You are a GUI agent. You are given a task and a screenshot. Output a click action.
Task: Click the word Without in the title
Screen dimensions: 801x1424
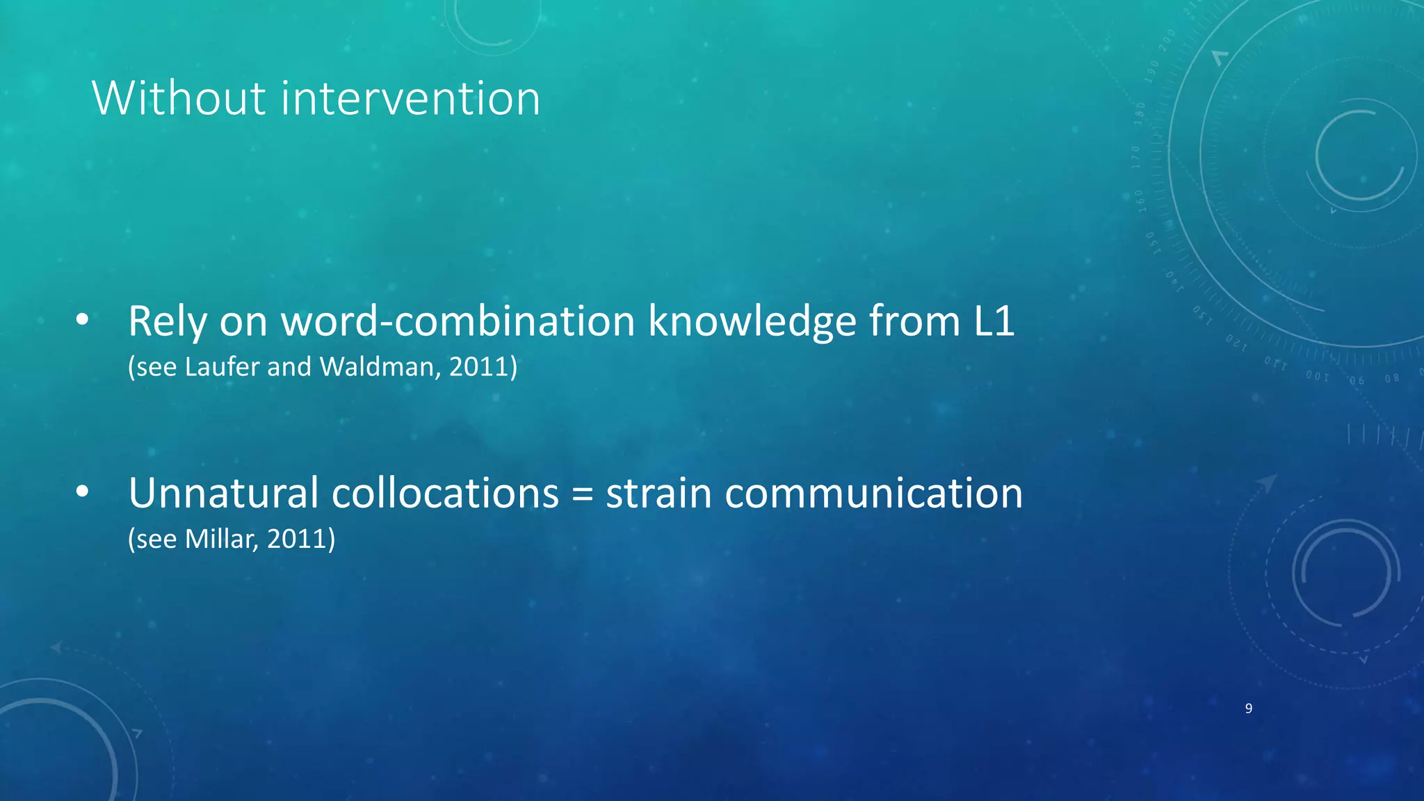coord(179,98)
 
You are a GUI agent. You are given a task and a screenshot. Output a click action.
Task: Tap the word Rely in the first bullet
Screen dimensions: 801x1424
coord(168,323)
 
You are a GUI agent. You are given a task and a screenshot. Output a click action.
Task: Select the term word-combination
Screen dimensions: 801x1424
coord(458,323)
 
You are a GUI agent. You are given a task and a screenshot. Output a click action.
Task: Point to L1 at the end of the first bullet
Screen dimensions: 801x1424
coord(994,323)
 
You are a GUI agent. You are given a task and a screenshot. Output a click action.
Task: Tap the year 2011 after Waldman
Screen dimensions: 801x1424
coord(479,367)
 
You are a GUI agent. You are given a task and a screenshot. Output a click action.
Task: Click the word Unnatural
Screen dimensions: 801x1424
coord(223,494)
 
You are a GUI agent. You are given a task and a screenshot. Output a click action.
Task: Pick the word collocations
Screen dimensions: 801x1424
coord(445,494)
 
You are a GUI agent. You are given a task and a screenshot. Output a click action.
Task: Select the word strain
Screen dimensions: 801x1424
coord(658,494)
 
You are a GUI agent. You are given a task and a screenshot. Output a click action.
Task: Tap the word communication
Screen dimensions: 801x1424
coord(873,494)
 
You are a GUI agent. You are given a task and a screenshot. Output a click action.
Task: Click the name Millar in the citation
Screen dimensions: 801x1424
coord(221,540)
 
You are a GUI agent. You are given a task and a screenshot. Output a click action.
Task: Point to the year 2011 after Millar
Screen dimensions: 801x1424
coord(297,540)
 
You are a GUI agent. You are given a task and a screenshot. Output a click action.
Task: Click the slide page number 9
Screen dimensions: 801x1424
coord(1249,709)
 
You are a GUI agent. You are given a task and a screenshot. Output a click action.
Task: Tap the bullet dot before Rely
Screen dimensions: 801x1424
coord(82,321)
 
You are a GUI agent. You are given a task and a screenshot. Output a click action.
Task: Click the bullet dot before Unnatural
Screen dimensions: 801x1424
coord(82,492)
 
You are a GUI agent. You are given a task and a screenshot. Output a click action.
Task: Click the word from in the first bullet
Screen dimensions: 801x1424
coord(914,323)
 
